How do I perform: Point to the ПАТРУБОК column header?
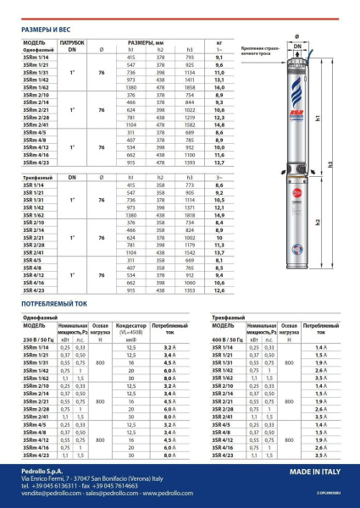(73, 41)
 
